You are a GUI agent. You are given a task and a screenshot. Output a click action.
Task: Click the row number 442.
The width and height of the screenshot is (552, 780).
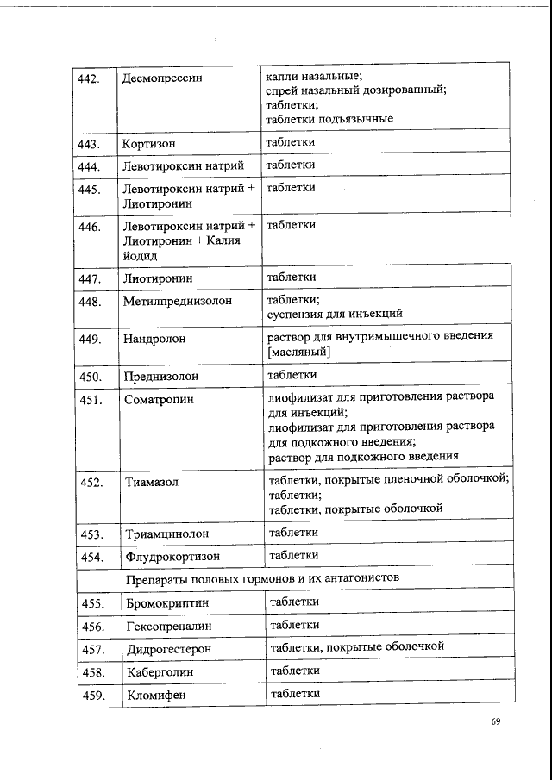[90, 78]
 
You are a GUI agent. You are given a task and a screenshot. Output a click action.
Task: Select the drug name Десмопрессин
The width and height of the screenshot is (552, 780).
[162, 78]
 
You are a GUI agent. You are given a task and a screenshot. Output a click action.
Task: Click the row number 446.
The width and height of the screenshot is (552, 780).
[90, 227]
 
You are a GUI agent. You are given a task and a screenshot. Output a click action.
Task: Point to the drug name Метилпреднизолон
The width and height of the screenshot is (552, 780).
[179, 303]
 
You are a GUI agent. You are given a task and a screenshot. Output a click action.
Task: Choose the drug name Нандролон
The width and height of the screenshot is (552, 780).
[154, 340]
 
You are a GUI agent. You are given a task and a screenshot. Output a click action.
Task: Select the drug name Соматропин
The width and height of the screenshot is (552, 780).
[160, 400]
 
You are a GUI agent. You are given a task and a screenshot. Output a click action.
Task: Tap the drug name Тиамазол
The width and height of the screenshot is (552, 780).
[152, 482]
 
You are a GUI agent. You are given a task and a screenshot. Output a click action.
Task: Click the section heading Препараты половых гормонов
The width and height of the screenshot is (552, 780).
[261, 577]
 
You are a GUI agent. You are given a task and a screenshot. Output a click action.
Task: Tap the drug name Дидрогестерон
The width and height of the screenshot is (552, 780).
[169, 648]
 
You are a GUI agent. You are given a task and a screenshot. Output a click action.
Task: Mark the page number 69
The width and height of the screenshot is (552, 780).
[496, 722]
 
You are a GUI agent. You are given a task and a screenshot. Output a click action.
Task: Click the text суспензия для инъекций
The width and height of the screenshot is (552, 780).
[335, 314]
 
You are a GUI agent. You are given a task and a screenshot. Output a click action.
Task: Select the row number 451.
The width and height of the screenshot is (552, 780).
[91, 400]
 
